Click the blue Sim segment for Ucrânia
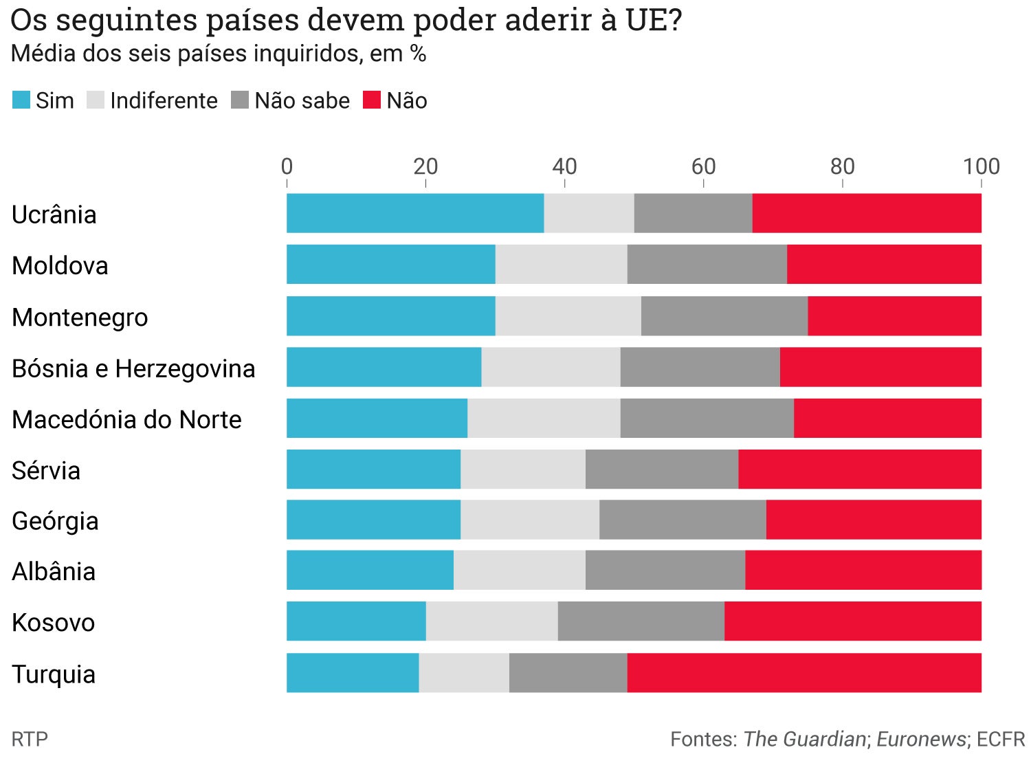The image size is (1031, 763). coord(415,213)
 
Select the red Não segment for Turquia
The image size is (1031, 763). coord(804,673)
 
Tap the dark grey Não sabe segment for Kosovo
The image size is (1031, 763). coord(641,621)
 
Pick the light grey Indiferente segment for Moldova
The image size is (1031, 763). coord(561,264)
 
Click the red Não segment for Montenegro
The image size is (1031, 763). coord(894,316)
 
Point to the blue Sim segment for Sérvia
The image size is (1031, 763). coord(373,469)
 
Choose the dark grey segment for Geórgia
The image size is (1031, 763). coord(683,520)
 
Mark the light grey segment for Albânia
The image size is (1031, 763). coord(520,571)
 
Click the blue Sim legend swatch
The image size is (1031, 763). coord(21,100)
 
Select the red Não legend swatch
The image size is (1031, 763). coord(372,100)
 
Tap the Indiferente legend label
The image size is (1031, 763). coord(164,101)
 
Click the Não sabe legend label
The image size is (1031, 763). coord(302,101)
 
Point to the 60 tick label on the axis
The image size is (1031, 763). coord(703,166)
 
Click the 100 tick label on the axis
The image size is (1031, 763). coord(981,166)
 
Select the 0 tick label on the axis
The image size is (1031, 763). coord(287,166)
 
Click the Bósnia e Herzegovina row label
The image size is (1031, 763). coord(133,368)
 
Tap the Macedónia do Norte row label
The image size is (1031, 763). coord(126,419)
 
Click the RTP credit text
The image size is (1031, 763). coord(30,740)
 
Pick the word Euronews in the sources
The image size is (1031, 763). coord(921,740)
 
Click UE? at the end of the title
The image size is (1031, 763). coord(654,21)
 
